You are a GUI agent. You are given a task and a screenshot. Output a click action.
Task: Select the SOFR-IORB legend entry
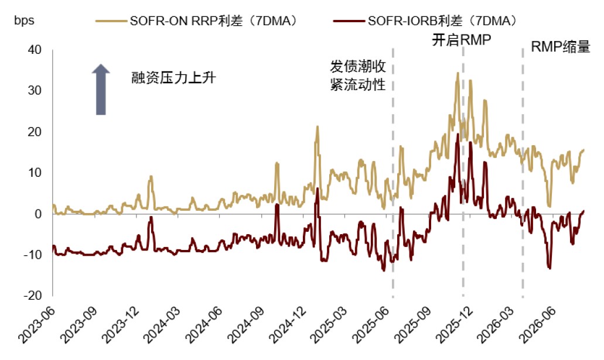[x=425, y=21]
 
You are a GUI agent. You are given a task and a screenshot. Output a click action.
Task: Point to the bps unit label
[x=24, y=20]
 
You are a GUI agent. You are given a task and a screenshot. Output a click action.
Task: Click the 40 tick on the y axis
[x=35, y=50]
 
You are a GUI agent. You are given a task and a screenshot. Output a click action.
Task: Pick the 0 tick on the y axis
[x=37, y=214]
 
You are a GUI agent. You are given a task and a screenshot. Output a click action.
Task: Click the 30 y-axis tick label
[x=35, y=91]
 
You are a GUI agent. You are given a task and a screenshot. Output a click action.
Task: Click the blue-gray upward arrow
[x=101, y=90]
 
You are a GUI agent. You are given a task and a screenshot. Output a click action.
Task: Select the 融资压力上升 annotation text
[x=174, y=78]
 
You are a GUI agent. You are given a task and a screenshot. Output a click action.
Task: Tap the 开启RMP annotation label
[x=462, y=40]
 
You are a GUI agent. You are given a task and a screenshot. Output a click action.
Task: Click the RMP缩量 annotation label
[x=561, y=47]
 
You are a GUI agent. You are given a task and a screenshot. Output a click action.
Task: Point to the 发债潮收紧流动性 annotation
[x=358, y=76]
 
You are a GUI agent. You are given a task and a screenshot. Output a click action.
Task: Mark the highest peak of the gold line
[x=458, y=73]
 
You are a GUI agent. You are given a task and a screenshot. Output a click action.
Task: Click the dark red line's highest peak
[x=458, y=134]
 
